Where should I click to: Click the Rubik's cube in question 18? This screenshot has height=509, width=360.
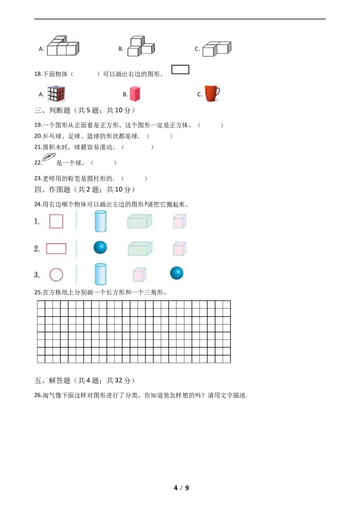coord(56,94)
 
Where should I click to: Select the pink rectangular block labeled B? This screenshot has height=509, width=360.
coord(135,94)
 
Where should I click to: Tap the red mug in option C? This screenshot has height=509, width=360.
coord(212,94)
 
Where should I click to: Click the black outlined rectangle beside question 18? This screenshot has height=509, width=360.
coord(180,69)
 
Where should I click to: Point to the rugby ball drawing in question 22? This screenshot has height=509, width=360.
coord(49,157)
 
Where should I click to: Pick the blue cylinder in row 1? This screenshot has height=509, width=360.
coord(100,221)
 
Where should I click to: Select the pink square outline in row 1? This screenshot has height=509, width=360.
coord(56,221)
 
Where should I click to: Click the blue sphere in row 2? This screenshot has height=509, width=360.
coord(100,247)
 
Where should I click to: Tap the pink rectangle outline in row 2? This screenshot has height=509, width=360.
coord(56,249)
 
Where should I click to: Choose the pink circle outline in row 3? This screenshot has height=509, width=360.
coord(56,275)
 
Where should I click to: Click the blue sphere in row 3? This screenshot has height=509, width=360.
coord(177,273)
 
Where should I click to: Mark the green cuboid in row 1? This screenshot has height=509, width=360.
coord(139,221)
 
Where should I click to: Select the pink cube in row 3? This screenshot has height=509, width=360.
coord(139,275)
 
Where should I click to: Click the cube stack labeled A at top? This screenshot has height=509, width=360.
coord(63,46)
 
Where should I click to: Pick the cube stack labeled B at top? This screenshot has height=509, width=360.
coord(141,46)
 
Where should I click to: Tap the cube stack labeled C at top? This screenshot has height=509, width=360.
coord(217,49)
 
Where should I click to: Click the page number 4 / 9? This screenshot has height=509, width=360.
coord(181,487)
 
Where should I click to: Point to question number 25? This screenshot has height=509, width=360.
coord(38,292)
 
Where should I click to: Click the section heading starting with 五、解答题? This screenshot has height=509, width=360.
coord(85,380)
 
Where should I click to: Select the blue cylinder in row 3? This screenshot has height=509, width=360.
coord(100,274)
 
